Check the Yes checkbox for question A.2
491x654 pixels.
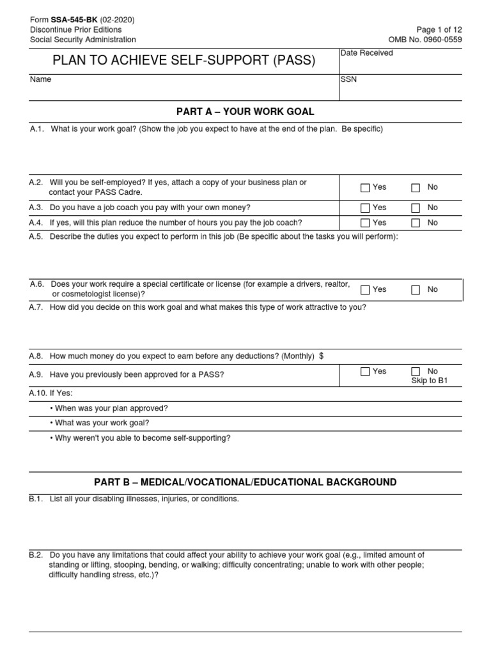click(x=365, y=188)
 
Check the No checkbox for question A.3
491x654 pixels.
click(x=416, y=208)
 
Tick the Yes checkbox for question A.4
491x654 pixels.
click(x=365, y=223)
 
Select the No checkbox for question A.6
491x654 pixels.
click(x=416, y=290)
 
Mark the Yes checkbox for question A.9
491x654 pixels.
click(x=365, y=372)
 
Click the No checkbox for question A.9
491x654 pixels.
click(x=416, y=372)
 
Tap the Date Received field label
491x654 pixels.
click(x=366, y=53)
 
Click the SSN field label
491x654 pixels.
click(x=348, y=80)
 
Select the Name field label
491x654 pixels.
click(x=40, y=80)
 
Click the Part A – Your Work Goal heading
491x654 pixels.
click(x=245, y=112)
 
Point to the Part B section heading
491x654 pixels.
click(x=245, y=482)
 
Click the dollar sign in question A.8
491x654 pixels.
click(x=320, y=356)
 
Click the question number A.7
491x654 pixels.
click(x=36, y=307)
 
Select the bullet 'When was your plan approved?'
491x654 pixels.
click(x=109, y=408)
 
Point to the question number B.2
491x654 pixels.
click(x=36, y=555)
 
